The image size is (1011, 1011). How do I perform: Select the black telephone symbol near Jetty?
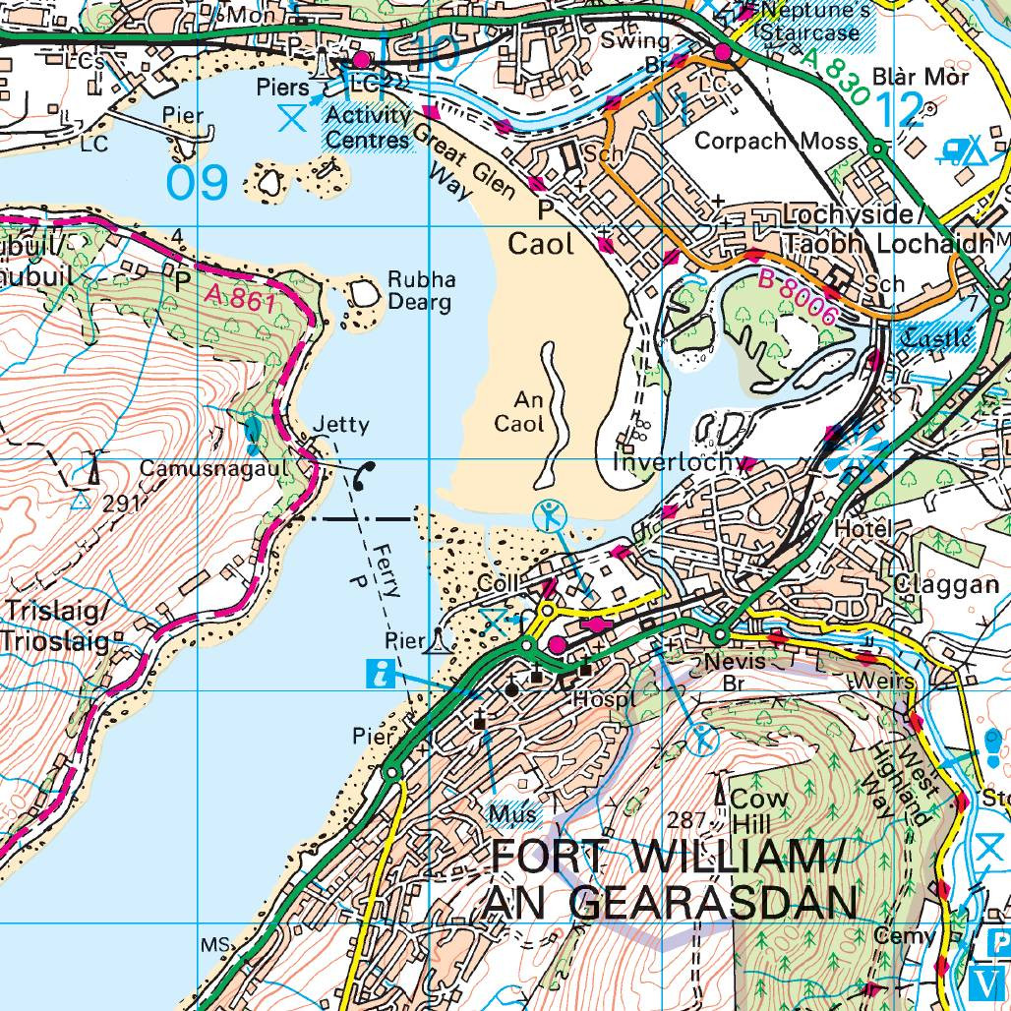click(x=363, y=476)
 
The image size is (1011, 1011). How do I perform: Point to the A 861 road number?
click(x=241, y=298)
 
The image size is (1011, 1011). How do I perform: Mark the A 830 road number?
click(x=838, y=78)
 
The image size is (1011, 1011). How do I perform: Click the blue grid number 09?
click(x=197, y=183)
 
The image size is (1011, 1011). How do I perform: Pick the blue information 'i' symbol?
click(x=380, y=674)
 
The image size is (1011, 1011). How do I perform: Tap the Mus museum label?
click(x=512, y=813)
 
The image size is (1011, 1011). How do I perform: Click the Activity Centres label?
click(x=368, y=127)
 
